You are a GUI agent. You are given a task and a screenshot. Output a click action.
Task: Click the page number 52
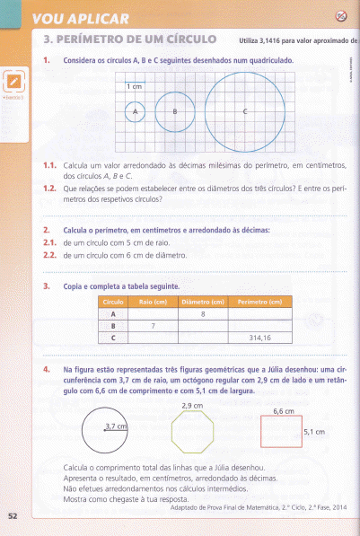12,515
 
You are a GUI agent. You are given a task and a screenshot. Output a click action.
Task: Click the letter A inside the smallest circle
136,111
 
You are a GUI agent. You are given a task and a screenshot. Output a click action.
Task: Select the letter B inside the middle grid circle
175,111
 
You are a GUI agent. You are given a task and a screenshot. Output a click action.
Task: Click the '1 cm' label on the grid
135,86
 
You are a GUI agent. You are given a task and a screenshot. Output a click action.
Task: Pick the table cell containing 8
204,315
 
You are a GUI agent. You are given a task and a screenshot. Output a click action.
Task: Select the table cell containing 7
153,327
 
